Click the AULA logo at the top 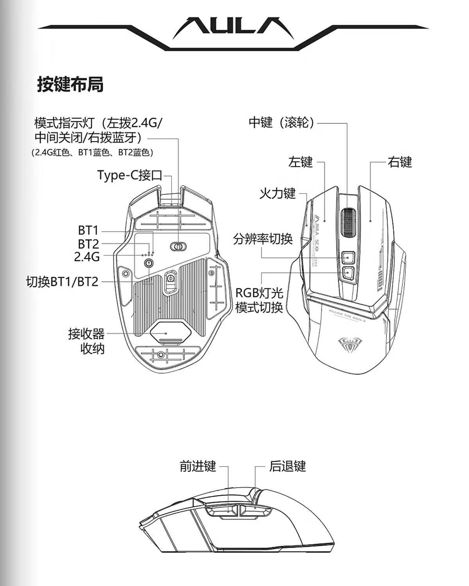233,28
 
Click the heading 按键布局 70,84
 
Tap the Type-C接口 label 129,175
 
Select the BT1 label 88,230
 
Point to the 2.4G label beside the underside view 87,257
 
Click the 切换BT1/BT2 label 62,281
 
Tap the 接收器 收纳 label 87,341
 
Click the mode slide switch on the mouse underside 178,246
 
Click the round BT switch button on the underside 149,263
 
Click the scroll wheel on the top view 347,222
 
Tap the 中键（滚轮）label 282,123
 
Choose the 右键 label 399,162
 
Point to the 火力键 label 277,193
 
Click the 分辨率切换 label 263,238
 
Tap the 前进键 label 198,466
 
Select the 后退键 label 287,466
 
